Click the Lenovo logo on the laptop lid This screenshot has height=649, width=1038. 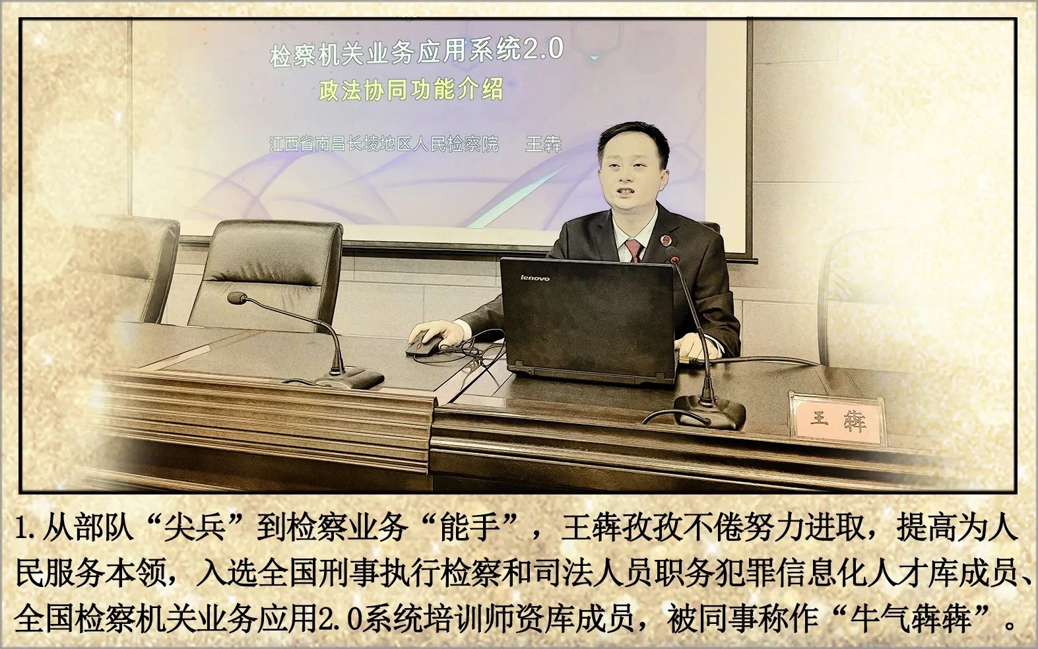click(535, 278)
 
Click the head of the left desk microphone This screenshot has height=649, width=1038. click(237, 298)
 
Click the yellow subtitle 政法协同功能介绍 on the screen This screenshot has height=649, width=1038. click(410, 89)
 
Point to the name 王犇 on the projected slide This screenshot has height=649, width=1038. click(544, 144)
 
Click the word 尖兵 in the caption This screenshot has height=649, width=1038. click(195, 528)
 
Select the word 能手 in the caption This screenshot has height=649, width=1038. click(470, 528)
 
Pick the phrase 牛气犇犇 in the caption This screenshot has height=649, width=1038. click(910, 619)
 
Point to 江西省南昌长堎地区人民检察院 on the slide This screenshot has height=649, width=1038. click(383, 144)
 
